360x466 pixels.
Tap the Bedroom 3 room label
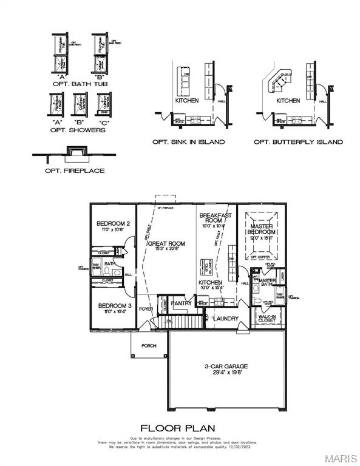pos(114,305)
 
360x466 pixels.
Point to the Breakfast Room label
pos(216,218)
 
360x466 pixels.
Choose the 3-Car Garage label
pos(226,366)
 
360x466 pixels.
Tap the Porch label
pos(148,346)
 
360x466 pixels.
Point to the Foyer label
pos(146,309)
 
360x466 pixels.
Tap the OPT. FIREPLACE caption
pos(74,171)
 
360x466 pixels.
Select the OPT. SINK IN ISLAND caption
pos(188,142)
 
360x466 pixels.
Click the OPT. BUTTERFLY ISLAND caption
pos(297,142)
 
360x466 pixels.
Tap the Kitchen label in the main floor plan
pos(211,283)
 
